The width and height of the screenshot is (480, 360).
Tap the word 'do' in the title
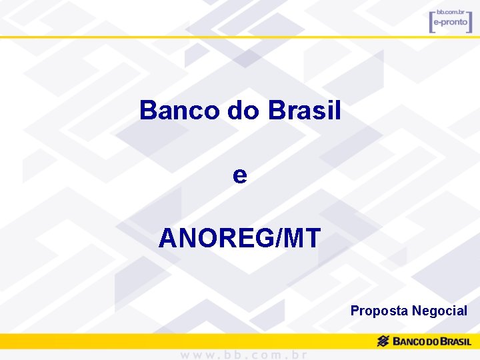click(x=243, y=111)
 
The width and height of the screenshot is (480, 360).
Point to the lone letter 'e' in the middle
click(x=240, y=175)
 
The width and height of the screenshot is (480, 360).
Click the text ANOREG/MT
click(x=240, y=238)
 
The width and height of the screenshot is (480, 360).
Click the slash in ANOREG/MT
click(x=278, y=238)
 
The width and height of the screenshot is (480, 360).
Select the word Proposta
click(x=379, y=311)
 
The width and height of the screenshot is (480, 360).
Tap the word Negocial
click(x=440, y=311)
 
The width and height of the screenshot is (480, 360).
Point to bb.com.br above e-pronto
click(x=450, y=13)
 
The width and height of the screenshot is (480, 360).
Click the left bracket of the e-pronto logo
click(x=432, y=21)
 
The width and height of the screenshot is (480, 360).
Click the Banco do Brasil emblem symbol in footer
click(x=383, y=341)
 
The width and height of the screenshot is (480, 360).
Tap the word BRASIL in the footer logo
click(x=451, y=342)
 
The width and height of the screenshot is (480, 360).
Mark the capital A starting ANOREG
click(x=167, y=238)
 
